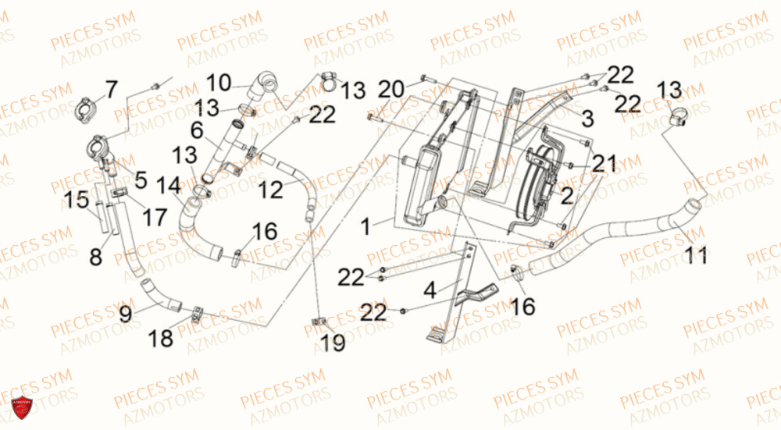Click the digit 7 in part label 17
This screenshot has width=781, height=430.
pyautogui.click(x=160, y=218)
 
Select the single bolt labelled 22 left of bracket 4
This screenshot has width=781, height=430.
pyautogui.click(x=404, y=311)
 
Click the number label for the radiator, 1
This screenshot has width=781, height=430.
pyautogui.click(x=366, y=227)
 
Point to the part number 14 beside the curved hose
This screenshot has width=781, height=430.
pyautogui.click(x=169, y=186)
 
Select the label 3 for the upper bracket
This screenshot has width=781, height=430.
pyautogui.click(x=588, y=119)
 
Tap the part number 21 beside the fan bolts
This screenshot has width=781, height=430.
pyautogui.click(x=604, y=163)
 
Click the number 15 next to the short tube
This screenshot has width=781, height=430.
pyautogui.click(x=77, y=200)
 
